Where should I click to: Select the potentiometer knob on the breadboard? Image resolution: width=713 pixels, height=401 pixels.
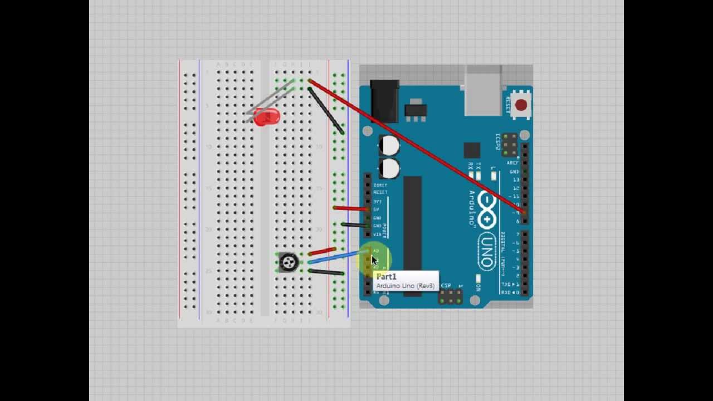click(289, 262)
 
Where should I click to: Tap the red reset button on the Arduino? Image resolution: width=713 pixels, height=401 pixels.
click(521, 105)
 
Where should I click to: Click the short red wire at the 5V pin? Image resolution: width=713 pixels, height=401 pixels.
click(350, 208)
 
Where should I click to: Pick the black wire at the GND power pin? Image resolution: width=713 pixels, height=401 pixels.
click(354, 225)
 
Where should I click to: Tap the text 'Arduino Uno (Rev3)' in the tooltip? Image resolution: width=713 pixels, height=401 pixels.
click(405, 286)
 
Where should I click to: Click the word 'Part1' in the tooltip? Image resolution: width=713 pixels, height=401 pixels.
click(387, 277)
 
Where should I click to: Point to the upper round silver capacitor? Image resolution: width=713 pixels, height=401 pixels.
click(389, 146)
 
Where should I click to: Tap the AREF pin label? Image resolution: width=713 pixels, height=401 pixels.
click(513, 163)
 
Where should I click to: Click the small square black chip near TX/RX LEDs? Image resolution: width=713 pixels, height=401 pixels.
click(472, 150)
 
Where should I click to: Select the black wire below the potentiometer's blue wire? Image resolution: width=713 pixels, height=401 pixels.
click(326, 272)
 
